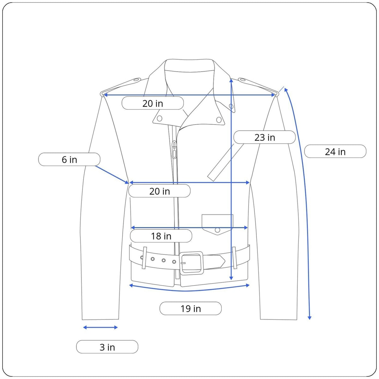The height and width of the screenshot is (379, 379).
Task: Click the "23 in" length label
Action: (264, 137)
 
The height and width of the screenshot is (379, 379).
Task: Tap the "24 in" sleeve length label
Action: (335, 152)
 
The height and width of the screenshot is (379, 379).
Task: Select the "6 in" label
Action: (69, 159)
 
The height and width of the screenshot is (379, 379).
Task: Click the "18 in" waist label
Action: (161, 236)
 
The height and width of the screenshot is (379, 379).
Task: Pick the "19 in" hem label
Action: (190, 308)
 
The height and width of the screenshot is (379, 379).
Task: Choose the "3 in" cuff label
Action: (107, 347)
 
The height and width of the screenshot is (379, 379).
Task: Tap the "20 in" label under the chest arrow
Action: (159, 191)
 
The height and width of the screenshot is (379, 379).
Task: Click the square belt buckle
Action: (191, 263)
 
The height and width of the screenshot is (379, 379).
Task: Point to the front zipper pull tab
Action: (174, 149)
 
